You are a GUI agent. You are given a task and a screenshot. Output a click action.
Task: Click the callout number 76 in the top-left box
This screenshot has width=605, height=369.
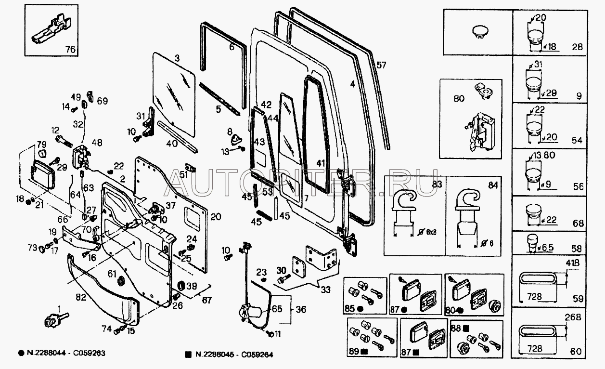click(70, 49)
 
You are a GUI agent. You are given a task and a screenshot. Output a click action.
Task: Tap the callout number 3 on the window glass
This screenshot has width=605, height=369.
click(177, 59)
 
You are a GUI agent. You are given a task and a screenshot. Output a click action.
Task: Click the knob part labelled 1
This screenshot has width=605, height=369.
click(51, 320)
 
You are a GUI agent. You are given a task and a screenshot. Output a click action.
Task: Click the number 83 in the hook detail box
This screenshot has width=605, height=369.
click(437, 184)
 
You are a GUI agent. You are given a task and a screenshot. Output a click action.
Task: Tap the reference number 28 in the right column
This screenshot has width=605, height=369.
click(578, 47)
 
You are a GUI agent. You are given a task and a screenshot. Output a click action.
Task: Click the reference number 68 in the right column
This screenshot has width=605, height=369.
click(578, 224)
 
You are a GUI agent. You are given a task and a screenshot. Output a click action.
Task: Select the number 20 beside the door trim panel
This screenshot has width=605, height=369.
click(216, 217)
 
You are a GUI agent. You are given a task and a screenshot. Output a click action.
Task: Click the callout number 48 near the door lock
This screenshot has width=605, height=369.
click(97, 143)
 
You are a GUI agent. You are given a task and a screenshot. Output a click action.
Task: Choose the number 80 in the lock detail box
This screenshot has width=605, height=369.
click(459, 99)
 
